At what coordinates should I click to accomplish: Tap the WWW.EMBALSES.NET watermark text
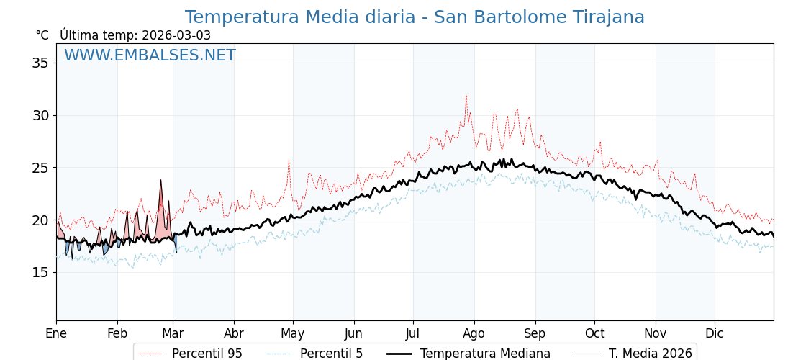(150, 55)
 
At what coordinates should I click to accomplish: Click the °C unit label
(42, 35)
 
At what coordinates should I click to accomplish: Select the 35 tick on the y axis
(40, 63)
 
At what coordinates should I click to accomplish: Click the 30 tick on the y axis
(40, 115)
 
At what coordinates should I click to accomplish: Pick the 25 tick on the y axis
(40, 168)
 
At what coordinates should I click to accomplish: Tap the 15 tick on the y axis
(40, 272)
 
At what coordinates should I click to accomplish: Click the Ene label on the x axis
(56, 333)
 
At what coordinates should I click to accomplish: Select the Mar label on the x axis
(173, 333)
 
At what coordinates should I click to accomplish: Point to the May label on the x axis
(292, 333)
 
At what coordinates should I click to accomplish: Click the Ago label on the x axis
(474, 333)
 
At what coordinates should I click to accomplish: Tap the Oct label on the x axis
(594, 333)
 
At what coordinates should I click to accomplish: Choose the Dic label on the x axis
(715, 333)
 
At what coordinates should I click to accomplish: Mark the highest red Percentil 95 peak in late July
(466, 96)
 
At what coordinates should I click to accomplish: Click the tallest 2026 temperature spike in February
(161, 180)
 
